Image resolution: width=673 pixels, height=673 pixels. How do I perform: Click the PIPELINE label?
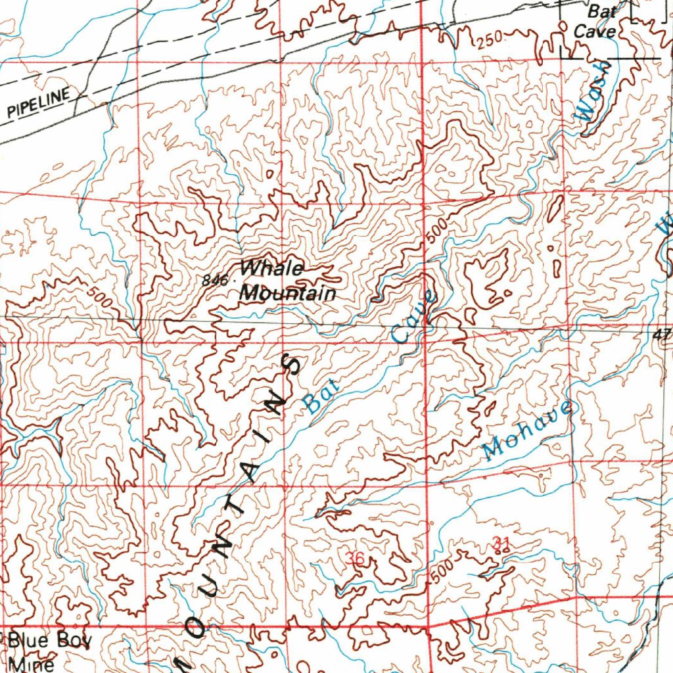pyautogui.click(x=38, y=103)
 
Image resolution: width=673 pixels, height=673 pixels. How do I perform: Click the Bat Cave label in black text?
pyautogui.click(x=595, y=22)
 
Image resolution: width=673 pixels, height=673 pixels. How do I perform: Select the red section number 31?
pyautogui.click(x=501, y=543)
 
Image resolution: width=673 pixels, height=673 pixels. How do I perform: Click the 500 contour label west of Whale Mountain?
pyautogui.click(x=99, y=298)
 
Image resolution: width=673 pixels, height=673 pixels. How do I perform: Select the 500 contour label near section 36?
pyautogui.click(x=444, y=570)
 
